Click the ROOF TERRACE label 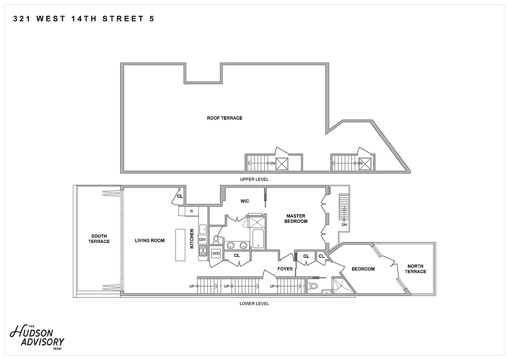coord(224,118)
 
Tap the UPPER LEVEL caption coord(254,179)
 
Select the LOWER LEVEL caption coord(254,303)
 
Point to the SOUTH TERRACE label coord(99,238)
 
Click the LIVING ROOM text coord(150,240)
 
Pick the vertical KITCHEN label coord(192,238)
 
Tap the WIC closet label coord(245,201)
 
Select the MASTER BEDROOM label coord(296,219)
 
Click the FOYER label coord(285,269)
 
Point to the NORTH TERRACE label coord(415,269)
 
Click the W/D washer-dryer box coord(216,253)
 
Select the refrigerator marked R coord(192,211)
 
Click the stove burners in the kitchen coord(202,251)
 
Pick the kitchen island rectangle coord(180,245)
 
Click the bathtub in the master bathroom coord(259,239)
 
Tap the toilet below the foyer coord(314,286)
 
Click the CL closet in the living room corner coord(179,197)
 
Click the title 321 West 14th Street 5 coord(83,19)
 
